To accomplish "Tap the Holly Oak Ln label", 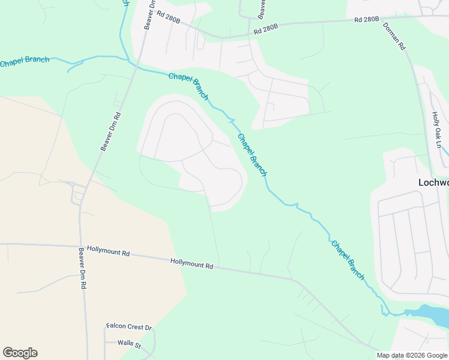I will pos(436,130).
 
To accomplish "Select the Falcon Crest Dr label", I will pos(129,327).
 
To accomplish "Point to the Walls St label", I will pos(129,345).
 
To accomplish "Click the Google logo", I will pos(20,353).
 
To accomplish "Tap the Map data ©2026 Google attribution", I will pos(412,355).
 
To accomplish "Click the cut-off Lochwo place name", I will pos(433,182).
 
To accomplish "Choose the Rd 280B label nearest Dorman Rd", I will pos(366,20).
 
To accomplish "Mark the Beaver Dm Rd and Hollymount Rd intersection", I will pos(80,246).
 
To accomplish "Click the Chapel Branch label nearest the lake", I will pos(348,259).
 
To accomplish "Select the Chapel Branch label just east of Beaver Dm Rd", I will pos(188,86).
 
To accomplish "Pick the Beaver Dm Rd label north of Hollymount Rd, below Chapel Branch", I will pos(111,131).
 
